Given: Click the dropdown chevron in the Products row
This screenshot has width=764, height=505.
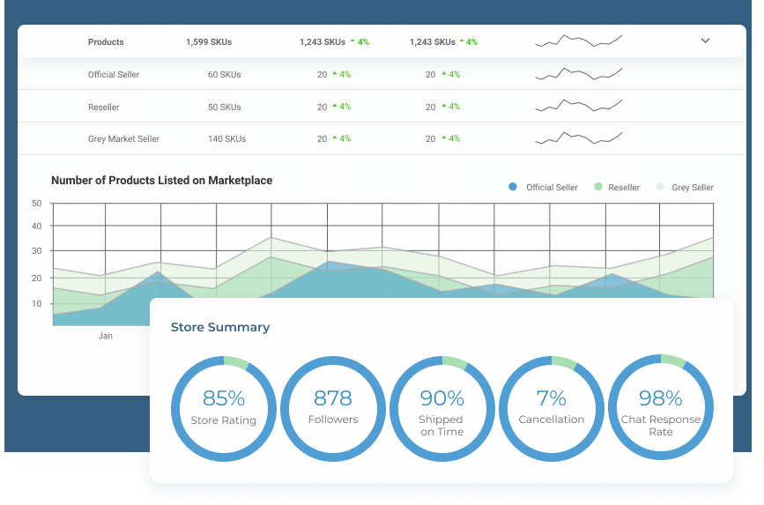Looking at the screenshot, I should pyautogui.click(x=705, y=41).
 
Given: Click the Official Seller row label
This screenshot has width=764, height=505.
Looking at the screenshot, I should pyautogui.click(x=114, y=75).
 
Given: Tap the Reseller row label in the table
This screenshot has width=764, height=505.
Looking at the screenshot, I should pyautogui.click(x=104, y=108).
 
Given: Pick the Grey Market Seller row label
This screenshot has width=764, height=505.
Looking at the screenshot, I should pyautogui.click(x=123, y=139).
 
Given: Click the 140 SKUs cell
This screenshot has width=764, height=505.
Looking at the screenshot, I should pyautogui.click(x=226, y=139).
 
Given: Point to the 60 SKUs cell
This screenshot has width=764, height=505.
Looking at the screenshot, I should pyautogui.click(x=224, y=75).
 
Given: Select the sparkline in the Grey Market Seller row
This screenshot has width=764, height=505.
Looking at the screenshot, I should pyautogui.click(x=578, y=137).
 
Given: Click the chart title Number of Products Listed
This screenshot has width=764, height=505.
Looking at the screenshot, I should pyautogui.click(x=161, y=181).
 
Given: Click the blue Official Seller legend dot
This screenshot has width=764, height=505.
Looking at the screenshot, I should pyautogui.click(x=513, y=187).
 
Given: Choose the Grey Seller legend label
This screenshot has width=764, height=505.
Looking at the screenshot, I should pyautogui.click(x=692, y=188).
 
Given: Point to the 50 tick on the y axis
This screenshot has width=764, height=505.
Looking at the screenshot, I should pyautogui.click(x=37, y=204).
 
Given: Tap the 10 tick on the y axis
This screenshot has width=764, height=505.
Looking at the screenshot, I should pyautogui.click(x=37, y=304).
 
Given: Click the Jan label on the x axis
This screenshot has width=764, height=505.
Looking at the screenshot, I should pyautogui.click(x=106, y=336).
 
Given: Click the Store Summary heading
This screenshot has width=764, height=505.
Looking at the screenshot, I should pyautogui.click(x=220, y=327).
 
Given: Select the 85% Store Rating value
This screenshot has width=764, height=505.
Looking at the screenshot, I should pyautogui.click(x=223, y=398).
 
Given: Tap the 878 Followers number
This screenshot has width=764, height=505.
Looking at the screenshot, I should pyautogui.click(x=332, y=398).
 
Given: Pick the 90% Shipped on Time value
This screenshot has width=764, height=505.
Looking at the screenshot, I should pyautogui.click(x=441, y=398).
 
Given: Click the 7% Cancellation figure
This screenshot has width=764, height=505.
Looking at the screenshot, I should pyautogui.click(x=551, y=398).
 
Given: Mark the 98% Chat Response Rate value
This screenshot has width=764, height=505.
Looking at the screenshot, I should pyautogui.click(x=660, y=398).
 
